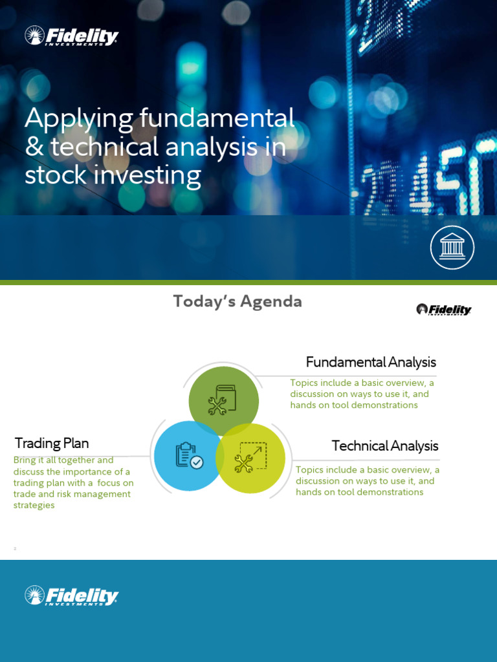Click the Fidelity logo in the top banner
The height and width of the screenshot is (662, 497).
tap(71, 36)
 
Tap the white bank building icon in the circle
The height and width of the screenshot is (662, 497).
tap(452, 248)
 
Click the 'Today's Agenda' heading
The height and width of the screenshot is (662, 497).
tap(237, 302)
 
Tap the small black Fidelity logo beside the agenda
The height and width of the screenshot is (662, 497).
tap(443, 310)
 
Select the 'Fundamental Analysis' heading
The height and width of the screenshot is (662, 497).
tap(371, 362)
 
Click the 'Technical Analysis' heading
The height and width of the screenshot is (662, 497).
tap(385, 446)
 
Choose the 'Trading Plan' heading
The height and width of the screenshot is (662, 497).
tap(52, 443)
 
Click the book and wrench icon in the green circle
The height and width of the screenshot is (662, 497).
tap(223, 400)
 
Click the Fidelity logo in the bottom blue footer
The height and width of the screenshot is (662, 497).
tap(71, 595)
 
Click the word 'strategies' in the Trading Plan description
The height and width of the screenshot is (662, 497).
tap(34, 506)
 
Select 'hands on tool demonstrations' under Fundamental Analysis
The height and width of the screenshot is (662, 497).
tap(354, 405)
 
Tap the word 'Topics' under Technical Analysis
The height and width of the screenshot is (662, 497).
tap(309, 470)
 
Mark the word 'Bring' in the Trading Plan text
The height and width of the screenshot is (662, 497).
tap(25, 460)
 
